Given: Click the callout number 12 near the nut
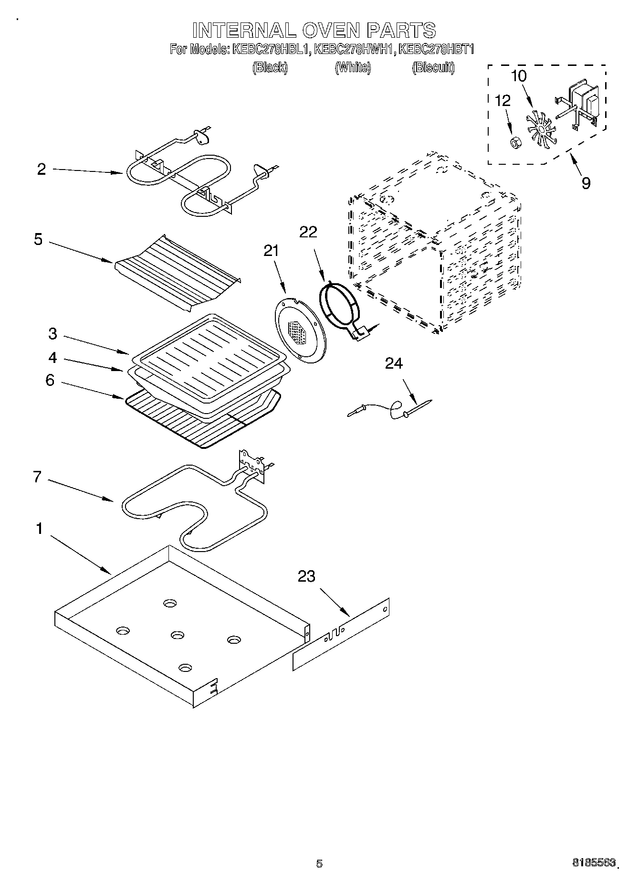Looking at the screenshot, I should click(503, 100).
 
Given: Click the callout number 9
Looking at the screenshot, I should click(586, 183).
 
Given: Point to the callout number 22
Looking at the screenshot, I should click(308, 232).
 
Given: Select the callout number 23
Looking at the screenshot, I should click(306, 576).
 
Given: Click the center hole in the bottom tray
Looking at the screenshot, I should click(177, 635).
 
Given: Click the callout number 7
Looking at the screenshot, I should click(38, 477).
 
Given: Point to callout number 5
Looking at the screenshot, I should click(39, 239).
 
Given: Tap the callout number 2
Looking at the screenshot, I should click(42, 169).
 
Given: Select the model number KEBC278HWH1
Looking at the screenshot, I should click(355, 49).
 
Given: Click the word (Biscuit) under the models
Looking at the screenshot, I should click(433, 68).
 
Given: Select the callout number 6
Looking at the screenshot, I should click(50, 380).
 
